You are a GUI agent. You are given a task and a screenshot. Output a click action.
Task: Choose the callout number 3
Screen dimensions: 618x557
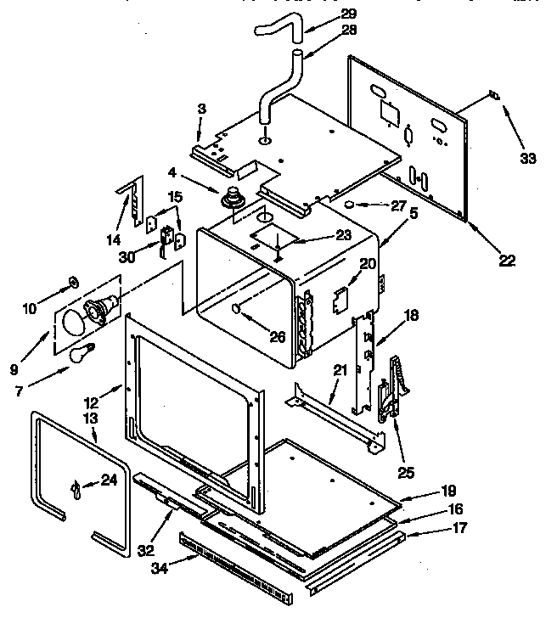201,110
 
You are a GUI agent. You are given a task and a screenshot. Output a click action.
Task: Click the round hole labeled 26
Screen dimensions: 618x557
235,310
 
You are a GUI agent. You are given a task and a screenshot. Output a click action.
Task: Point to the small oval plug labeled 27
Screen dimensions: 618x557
349,205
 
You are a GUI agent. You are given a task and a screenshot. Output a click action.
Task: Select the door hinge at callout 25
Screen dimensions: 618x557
396,386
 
